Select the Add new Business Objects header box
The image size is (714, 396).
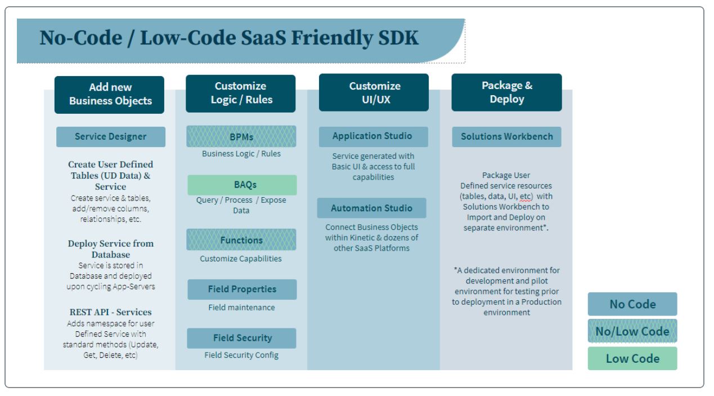tap(110, 94)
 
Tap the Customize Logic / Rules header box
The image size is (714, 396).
tap(241, 93)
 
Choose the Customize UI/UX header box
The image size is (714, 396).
tap(374, 93)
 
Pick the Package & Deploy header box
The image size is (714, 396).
tap(506, 92)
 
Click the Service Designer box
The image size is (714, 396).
tap(111, 137)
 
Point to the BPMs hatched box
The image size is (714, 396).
tap(241, 137)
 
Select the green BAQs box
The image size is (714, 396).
tap(241, 185)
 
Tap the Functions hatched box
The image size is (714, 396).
tap(241, 240)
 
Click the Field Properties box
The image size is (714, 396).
tap(241, 289)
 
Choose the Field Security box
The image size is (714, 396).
tap(241, 338)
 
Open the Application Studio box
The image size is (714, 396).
tap(374, 137)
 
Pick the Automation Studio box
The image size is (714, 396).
tap(372, 208)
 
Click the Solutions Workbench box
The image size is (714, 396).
tap(506, 137)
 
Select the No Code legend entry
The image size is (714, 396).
tap(632, 304)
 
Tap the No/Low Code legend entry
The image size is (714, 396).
tap(632, 331)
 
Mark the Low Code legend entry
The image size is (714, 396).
tap(632, 359)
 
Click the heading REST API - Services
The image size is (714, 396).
tap(110, 312)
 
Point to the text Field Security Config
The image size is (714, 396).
tap(241, 355)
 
